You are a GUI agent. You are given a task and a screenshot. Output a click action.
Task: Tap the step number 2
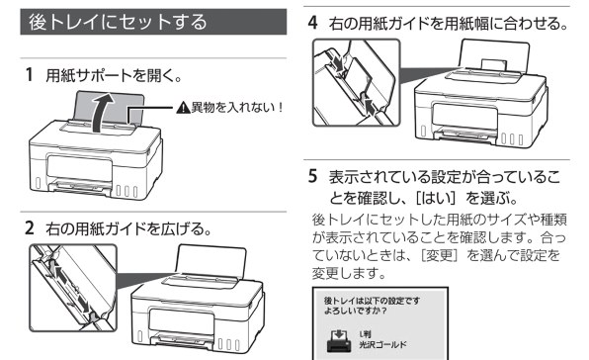(x=28, y=227)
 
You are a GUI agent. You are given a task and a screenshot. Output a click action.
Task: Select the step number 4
(x=315, y=20)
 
